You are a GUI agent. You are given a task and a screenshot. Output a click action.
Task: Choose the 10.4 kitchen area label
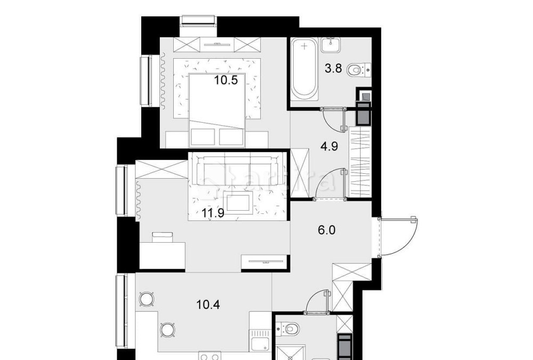208,306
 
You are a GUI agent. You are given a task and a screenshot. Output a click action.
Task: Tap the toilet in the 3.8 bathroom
357,69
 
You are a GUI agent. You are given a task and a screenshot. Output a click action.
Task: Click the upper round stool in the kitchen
146,299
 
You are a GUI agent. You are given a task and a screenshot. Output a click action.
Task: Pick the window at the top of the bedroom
198,21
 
